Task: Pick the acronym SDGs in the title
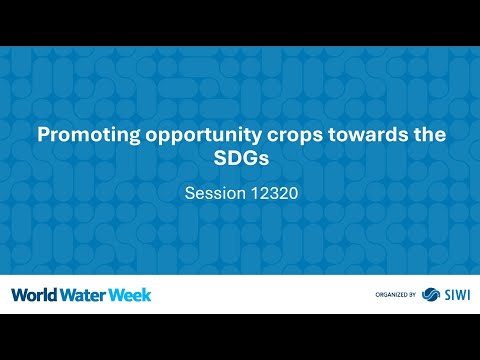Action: pyautogui.click(x=240, y=160)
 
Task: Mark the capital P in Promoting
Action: pyautogui.click(x=43, y=135)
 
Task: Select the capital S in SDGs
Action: pyautogui.click(x=220, y=160)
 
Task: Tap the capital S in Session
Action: pyautogui.click(x=192, y=194)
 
